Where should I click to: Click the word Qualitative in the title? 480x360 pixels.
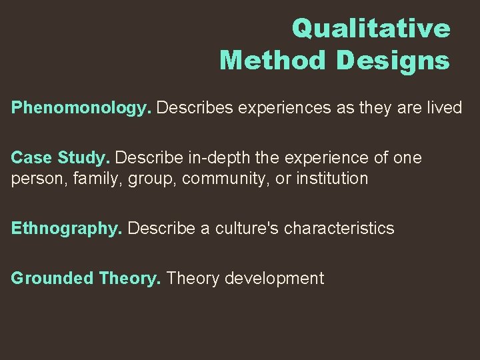371,28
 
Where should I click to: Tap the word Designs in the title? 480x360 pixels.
393,60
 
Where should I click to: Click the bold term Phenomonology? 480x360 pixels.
81,108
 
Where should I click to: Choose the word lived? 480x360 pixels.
441,108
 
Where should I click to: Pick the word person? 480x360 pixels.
33,179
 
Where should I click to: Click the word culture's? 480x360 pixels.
241,229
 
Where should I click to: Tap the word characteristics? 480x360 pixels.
339,229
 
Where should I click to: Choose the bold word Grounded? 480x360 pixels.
52,279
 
